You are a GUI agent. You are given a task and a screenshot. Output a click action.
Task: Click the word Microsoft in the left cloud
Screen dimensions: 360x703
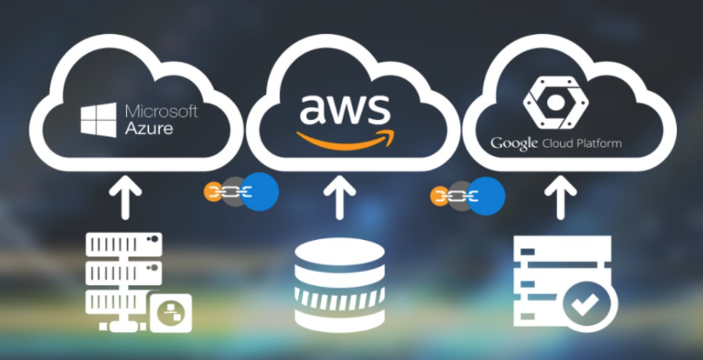(x=162, y=112)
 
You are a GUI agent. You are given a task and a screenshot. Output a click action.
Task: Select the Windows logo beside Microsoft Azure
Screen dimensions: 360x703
(x=98, y=120)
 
